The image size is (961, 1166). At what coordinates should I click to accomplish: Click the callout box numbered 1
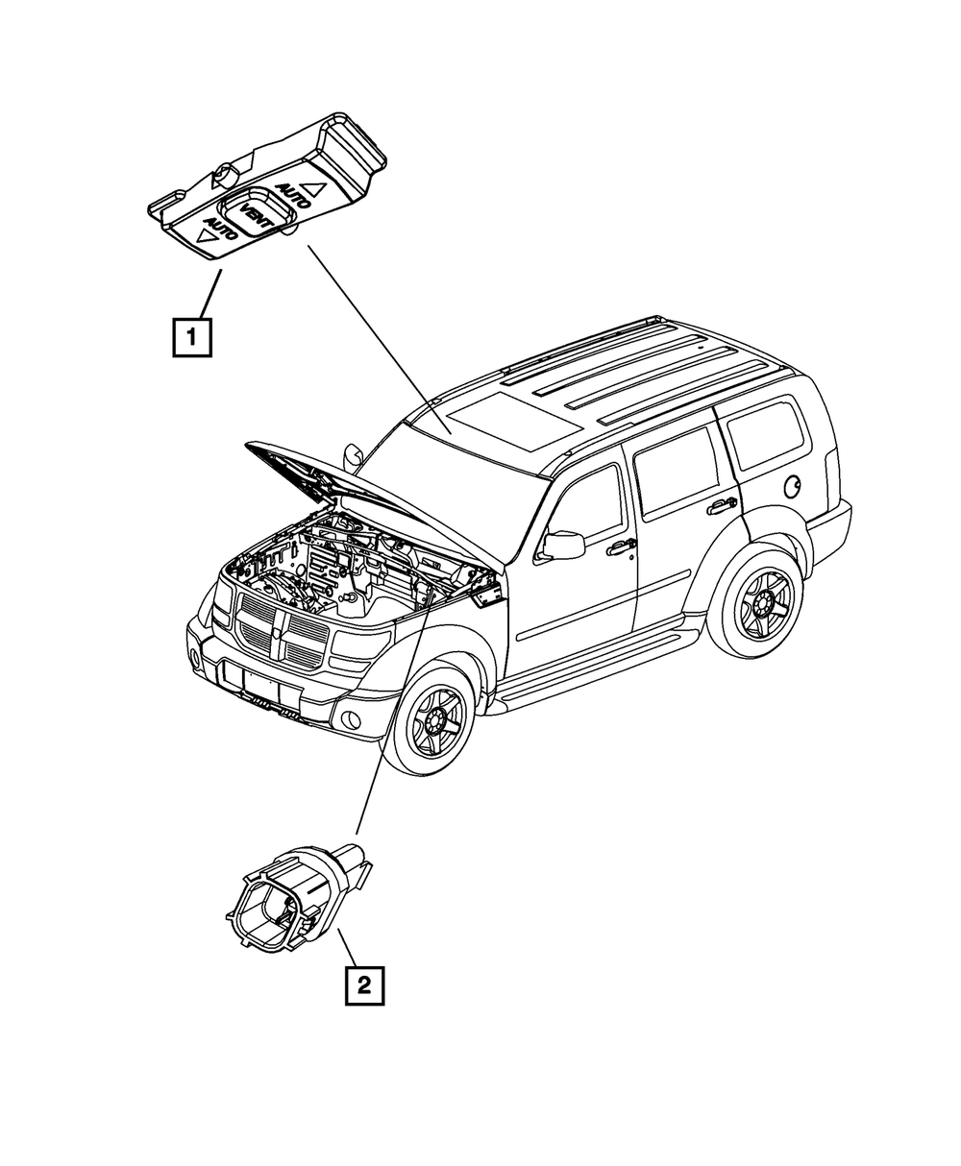pyautogui.click(x=192, y=337)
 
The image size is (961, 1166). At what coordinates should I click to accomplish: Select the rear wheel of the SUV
pyautogui.click(x=764, y=605)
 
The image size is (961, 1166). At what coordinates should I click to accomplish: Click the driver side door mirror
pyautogui.click(x=564, y=545)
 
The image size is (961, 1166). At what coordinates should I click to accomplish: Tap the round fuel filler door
pyautogui.click(x=794, y=487)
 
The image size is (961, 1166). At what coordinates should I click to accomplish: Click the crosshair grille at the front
pyautogui.click(x=280, y=637)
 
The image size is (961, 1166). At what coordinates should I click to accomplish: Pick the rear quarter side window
pyautogui.click(x=764, y=434)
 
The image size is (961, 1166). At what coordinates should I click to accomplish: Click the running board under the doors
pyautogui.click(x=596, y=672)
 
